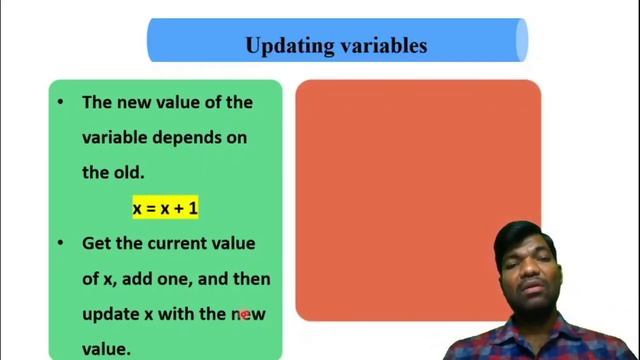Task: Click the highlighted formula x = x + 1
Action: [165, 208]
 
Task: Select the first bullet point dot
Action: [62, 102]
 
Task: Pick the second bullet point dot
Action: [62, 243]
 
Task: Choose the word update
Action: [111, 314]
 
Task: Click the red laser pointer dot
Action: [244, 314]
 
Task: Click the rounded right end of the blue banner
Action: [521, 40]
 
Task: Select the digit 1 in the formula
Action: [193, 208]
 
